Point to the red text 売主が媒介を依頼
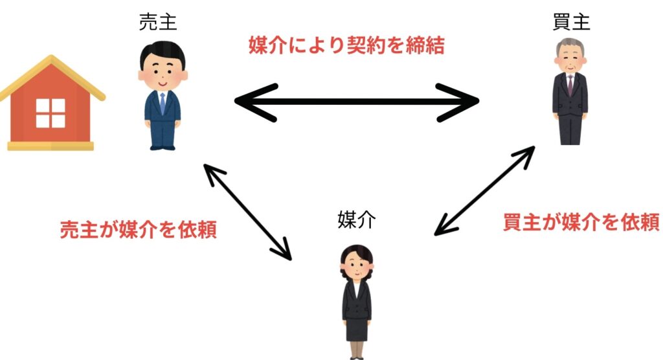click(138, 229)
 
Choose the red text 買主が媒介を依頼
click(581, 222)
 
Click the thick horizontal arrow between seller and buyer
click(356, 102)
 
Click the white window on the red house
click(51, 113)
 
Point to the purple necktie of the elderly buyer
click(570, 84)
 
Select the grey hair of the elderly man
click(570, 47)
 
